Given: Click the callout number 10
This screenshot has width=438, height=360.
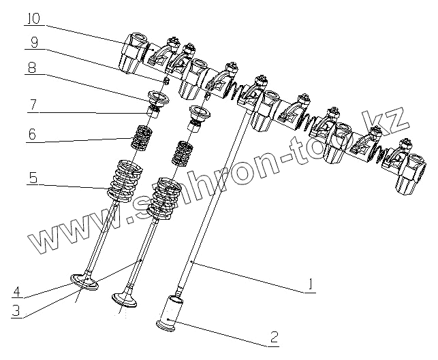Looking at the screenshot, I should point(33,18).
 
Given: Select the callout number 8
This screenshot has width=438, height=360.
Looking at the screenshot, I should point(33,68).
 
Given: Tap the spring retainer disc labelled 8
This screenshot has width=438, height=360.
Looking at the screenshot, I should point(155,97).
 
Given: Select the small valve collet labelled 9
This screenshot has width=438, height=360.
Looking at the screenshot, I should point(166,80).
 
